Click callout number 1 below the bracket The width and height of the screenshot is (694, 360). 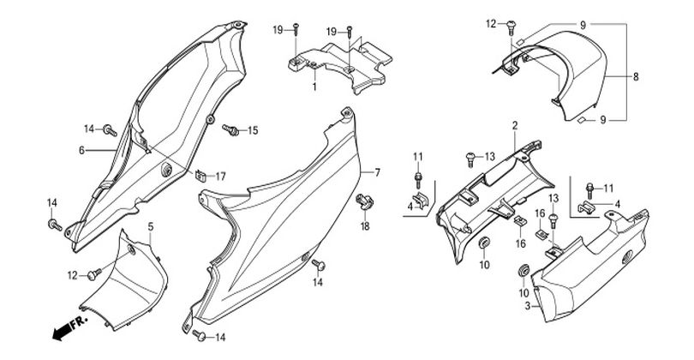[314, 87]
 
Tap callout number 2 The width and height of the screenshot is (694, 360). [515, 126]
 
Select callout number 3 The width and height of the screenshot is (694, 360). [527, 305]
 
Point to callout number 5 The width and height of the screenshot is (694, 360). [151, 226]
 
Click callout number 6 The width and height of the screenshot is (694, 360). [81, 150]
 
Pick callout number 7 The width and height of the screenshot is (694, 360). [375, 172]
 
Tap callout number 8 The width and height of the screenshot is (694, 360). [636, 77]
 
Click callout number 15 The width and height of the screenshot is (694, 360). [253, 131]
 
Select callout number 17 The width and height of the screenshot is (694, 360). [220, 177]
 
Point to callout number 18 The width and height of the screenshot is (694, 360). [364, 226]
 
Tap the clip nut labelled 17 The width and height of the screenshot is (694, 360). [198, 177]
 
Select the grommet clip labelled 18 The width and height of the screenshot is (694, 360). [363, 203]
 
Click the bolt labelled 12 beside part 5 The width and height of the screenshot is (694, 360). [94, 274]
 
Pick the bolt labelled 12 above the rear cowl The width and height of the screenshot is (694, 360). [511, 23]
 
